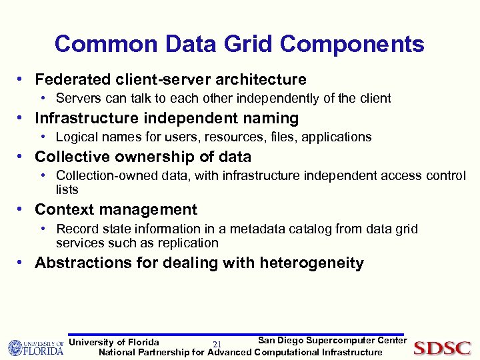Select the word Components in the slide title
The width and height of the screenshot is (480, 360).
point(352,44)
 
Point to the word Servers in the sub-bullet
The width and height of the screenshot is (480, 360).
point(77,99)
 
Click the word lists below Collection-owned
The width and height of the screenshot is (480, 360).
point(67,189)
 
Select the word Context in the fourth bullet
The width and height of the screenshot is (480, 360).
point(63,210)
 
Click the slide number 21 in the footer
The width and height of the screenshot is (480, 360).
point(217,344)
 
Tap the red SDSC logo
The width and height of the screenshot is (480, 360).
point(442,348)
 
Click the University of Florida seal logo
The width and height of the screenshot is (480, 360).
point(16,348)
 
